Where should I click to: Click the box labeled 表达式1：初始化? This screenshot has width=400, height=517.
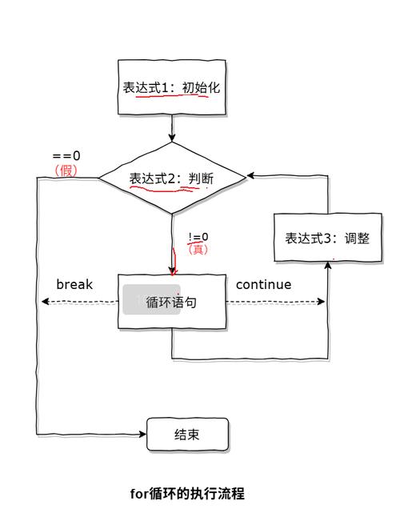coord(171,87)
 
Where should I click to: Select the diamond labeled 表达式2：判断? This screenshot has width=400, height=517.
coord(171,178)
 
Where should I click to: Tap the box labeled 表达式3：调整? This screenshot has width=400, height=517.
coord(328,238)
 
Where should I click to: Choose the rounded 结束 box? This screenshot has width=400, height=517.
coord(187,435)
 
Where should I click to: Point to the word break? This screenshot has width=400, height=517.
coord(74,284)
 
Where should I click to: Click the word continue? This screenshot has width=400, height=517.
coord(263,284)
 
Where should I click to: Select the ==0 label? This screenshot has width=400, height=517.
coord(66,156)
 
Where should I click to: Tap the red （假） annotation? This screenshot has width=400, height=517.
coord(66,170)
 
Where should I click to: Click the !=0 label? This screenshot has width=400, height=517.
coord(198,237)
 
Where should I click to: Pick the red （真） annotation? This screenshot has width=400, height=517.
coord(198,250)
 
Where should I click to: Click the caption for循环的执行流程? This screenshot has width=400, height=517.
coord(187,494)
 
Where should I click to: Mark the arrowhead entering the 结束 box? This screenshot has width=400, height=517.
coord(143,435)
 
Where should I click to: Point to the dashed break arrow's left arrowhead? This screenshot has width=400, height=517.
coord(45,302)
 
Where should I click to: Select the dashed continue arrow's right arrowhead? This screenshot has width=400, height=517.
coord(322,302)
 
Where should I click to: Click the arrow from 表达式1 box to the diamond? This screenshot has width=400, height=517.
coord(171,128)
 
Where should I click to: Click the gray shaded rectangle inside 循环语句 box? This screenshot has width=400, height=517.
coord(151,299)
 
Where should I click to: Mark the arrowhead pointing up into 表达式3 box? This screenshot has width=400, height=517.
coord(328,267)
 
